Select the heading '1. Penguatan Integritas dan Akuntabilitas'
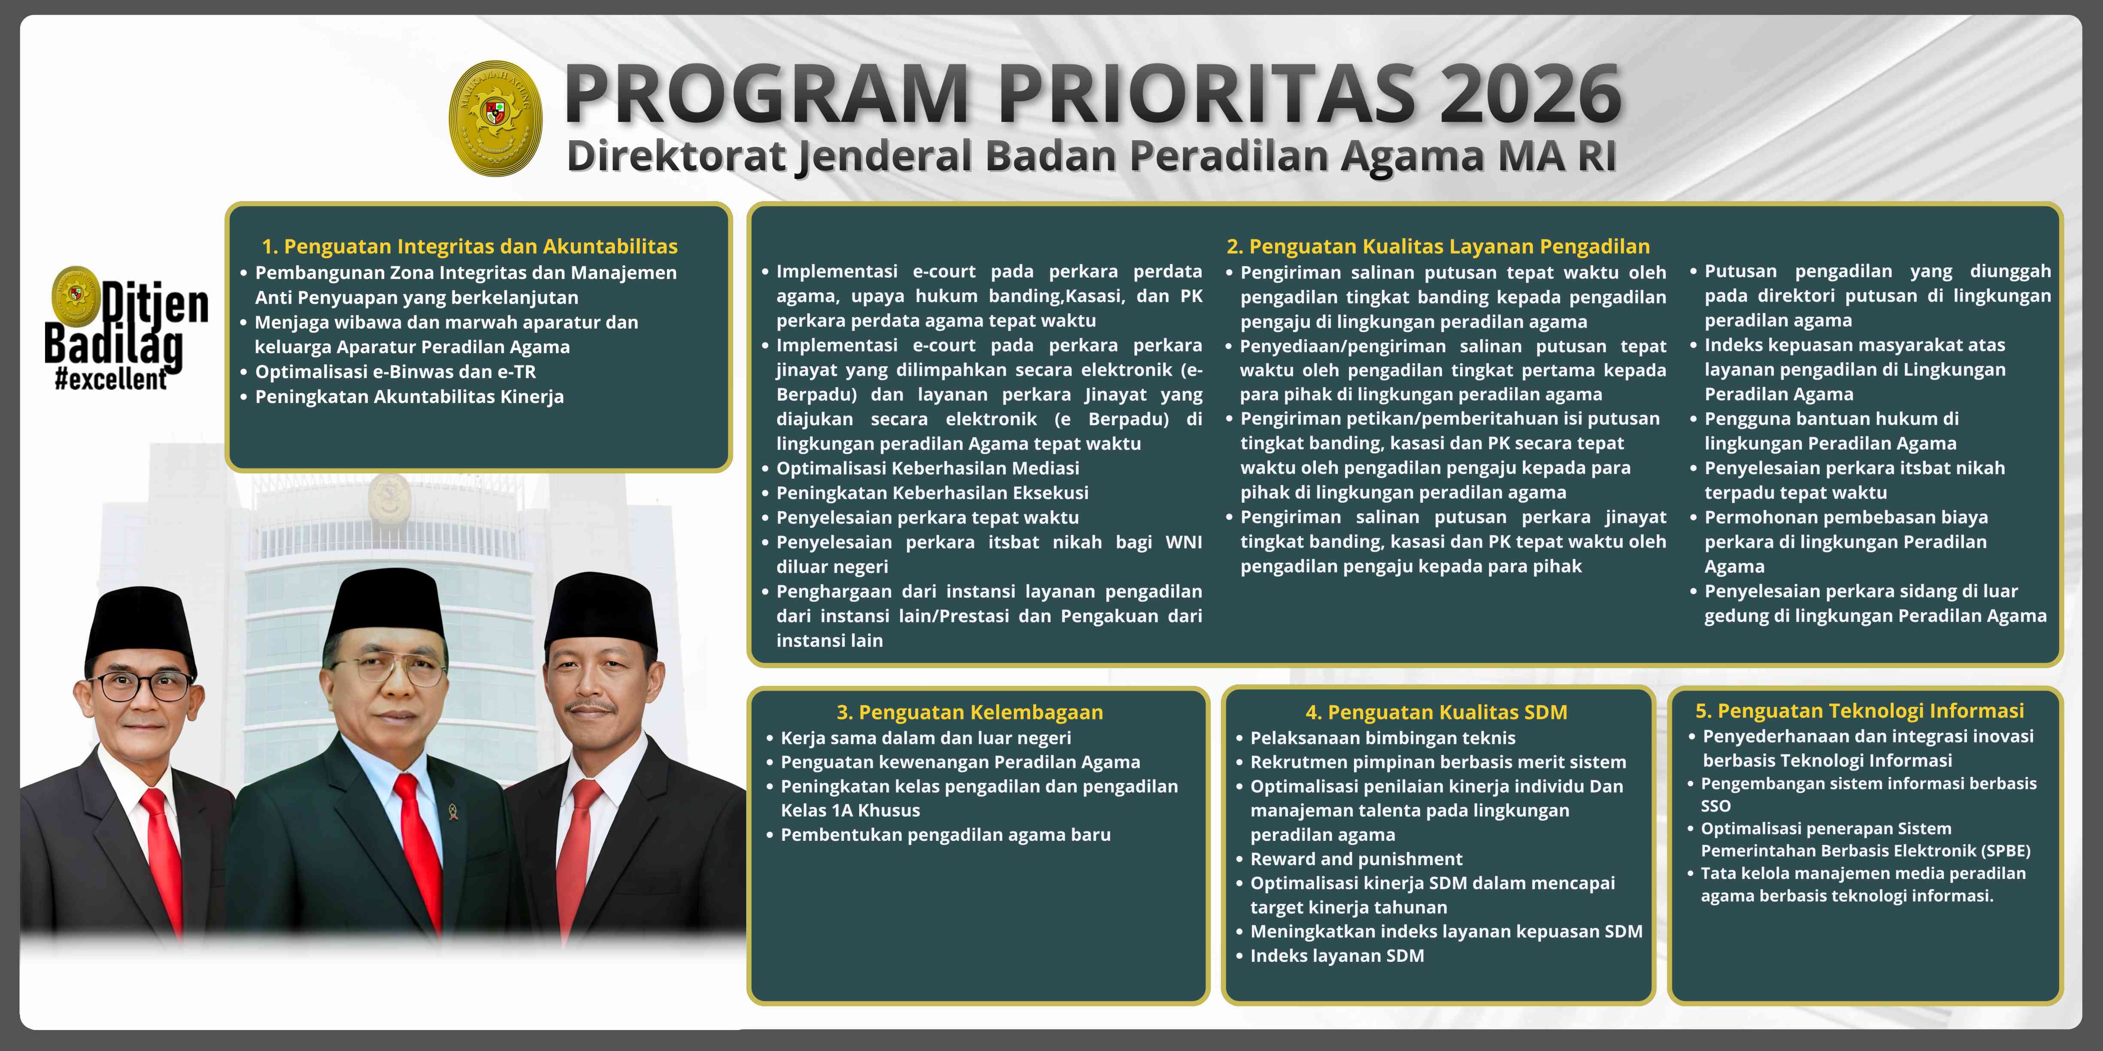(x=470, y=246)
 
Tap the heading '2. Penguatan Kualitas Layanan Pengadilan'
(x=1438, y=246)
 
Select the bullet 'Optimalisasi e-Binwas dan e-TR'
(x=395, y=372)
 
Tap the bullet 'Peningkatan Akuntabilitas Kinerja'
(x=409, y=397)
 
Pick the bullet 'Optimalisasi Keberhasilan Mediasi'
(x=927, y=468)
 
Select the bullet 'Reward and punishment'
(x=1356, y=859)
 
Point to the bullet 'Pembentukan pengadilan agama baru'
(x=945, y=835)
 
